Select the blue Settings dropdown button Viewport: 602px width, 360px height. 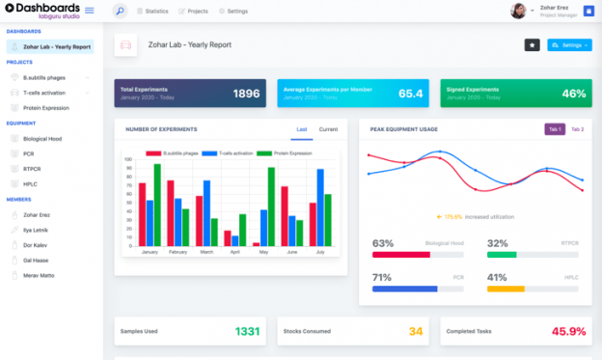click(x=569, y=45)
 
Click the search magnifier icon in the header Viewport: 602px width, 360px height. click(x=120, y=12)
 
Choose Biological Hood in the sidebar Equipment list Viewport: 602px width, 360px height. click(x=41, y=138)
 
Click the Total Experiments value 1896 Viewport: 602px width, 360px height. click(x=246, y=94)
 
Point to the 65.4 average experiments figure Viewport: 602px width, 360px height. click(x=410, y=94)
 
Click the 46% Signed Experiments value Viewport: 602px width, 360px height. click(x=574, y=94)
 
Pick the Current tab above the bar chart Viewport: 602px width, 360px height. click(x=328, y=129)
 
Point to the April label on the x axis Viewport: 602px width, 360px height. click(x=234, y=252)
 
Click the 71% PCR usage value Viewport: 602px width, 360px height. click(x=382, y=277)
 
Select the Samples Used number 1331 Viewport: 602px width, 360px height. click(x=247, y=332)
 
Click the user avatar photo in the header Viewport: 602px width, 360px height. click(x=519, y=12)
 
